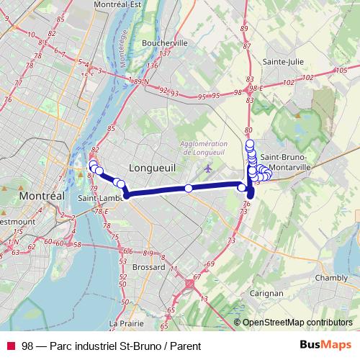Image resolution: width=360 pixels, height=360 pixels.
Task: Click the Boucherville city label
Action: [165, 42]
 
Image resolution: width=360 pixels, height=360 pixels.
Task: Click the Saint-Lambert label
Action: [99, 199]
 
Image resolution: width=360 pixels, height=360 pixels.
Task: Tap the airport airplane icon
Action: [208, 168]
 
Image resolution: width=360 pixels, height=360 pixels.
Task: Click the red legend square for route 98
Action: [11, 346]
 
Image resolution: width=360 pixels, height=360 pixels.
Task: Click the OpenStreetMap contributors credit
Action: [297, 323]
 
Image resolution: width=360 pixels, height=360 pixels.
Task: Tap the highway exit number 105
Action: [341, 69]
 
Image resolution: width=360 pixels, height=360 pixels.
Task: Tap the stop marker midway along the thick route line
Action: [188, 189]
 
